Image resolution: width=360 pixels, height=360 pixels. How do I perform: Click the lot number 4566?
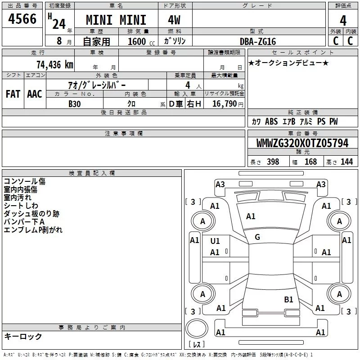coord(22,19)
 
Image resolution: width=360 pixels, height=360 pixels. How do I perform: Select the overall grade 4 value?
coord(343,20)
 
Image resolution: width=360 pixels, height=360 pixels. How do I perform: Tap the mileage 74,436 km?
coord(55,65)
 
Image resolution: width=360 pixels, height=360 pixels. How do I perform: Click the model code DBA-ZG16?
coord(257,41)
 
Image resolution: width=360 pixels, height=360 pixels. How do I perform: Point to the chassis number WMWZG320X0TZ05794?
coord(302,143)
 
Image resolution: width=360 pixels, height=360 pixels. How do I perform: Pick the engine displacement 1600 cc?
coord(141,41)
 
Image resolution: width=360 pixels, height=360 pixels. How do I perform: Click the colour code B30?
coord(75,104)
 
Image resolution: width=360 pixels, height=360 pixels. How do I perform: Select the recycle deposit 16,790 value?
coord(224,103)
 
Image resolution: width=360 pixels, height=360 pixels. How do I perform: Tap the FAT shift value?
coord(13,94)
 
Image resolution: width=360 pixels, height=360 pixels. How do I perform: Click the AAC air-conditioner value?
coord(35,94)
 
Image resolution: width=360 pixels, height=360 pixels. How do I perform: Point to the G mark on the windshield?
coord(257,237)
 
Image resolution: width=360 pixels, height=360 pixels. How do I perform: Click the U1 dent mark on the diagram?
coord(215,241)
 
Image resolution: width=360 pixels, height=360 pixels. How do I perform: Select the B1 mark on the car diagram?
coord(288,299)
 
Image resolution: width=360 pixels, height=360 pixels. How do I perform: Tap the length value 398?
coord(273,162)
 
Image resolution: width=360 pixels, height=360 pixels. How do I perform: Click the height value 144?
coord(346,162)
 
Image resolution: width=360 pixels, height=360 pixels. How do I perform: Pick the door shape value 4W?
coord(174,20)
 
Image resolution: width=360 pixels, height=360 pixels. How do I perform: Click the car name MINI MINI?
coord(116,20)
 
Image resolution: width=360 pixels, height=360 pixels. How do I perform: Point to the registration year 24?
coord(59,24)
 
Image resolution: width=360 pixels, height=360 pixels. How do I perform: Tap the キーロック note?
coord(23,336)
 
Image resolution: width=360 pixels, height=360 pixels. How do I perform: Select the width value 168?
coord(310,162)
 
